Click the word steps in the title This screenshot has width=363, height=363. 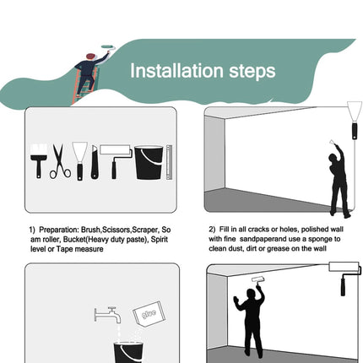coord(252,72)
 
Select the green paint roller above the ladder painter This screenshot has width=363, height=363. coord(109,47)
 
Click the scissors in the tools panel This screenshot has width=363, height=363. coord(60,161)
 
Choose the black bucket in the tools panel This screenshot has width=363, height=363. coord(149,163)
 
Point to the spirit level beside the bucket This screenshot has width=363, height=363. coord(169,162)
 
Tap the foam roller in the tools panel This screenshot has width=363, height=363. coord(116,161)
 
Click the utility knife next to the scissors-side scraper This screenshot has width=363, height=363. coord(95,162)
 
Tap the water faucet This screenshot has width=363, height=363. coord(108,315)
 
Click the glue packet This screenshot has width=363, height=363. coord(149,313)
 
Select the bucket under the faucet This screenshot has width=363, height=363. coord(128,352)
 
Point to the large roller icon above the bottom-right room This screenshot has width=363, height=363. coord(345,278)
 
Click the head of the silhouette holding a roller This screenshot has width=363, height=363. coord(251,295)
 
